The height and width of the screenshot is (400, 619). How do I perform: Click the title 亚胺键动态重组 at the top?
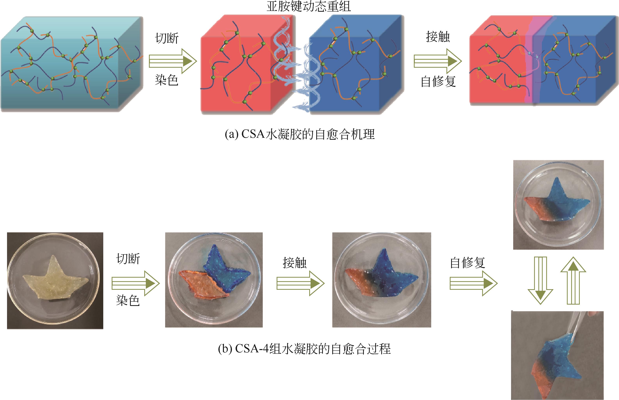point(309,6)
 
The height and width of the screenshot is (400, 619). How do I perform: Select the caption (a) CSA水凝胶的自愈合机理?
point(300,135)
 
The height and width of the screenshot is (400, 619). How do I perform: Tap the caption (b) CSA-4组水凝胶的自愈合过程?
point(304,349)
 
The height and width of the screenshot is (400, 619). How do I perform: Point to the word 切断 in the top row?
point(167,38)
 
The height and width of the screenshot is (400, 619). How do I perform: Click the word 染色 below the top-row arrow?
point(167,80)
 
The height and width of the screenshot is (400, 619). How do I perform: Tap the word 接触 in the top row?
point(438,37)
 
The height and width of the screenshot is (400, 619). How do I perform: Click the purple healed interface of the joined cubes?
point(530,62)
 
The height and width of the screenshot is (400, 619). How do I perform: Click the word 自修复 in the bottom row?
point(468,263)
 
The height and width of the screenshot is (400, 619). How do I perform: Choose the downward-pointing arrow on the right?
point(540,281)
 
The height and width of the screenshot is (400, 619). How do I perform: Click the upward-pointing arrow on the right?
point(573,281)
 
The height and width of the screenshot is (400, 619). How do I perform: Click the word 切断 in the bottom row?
point(128,259)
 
